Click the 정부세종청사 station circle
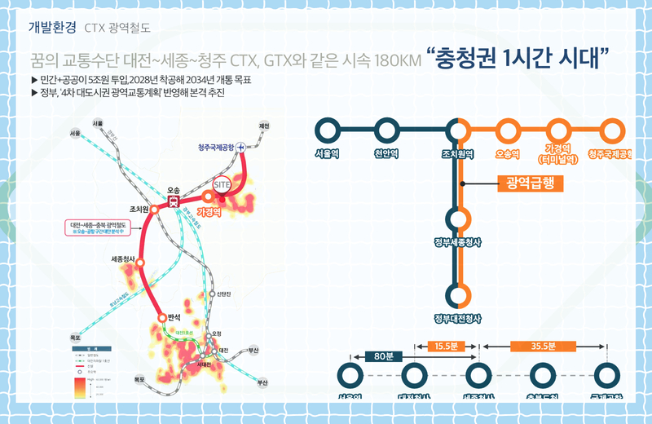[x=459, y=219]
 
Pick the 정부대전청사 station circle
[x=459, y=295]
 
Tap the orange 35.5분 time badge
[x=543, y=346]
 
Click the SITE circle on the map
[x=222, y=185]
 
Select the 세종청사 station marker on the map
[x=141, y=263]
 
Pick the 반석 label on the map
[x=174, y=316]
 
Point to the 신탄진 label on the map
[x=226, y=294]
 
